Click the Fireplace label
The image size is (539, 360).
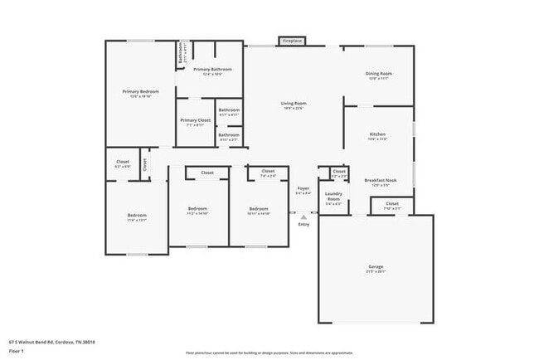[292, 40]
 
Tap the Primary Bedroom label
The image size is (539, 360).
[140, 91]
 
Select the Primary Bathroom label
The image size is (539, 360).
[212, 70]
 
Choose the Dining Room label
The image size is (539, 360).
[378, 74]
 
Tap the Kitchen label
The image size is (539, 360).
[378, 134]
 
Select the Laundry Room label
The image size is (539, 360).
[333, 197]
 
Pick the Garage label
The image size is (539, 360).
[376, 267]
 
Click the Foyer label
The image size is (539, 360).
[303, 189]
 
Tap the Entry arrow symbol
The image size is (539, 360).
[303, 217]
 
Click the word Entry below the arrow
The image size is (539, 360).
[303, 225]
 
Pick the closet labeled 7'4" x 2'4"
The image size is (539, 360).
[268, 172]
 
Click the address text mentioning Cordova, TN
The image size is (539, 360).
[51, 342]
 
